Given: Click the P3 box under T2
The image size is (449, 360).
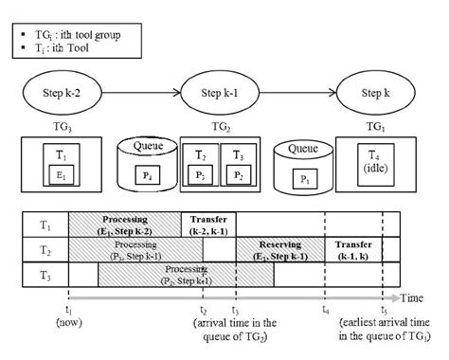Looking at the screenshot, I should (201, 175).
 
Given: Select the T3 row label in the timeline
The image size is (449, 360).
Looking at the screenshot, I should (45, 274).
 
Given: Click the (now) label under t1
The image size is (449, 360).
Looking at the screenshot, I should (68, 322).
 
